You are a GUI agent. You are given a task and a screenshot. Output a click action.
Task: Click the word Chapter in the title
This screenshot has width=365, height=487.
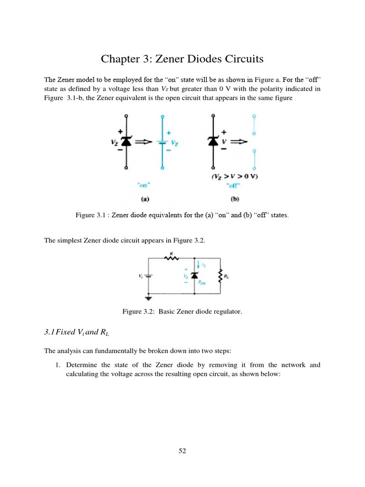coord(119,59)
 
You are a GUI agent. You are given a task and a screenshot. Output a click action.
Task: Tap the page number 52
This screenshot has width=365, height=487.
coord(182,451)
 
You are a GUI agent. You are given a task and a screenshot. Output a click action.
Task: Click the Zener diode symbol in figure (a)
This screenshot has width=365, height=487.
coord(126,142)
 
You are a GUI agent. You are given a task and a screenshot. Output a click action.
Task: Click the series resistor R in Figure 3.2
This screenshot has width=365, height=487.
coord(171,259)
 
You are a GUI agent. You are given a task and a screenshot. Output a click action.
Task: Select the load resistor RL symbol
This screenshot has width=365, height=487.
coord(220,275)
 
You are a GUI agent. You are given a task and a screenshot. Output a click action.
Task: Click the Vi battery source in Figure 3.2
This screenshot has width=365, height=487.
coord(149,275)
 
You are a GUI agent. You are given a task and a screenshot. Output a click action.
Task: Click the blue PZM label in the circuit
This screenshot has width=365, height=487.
coord(203,282)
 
